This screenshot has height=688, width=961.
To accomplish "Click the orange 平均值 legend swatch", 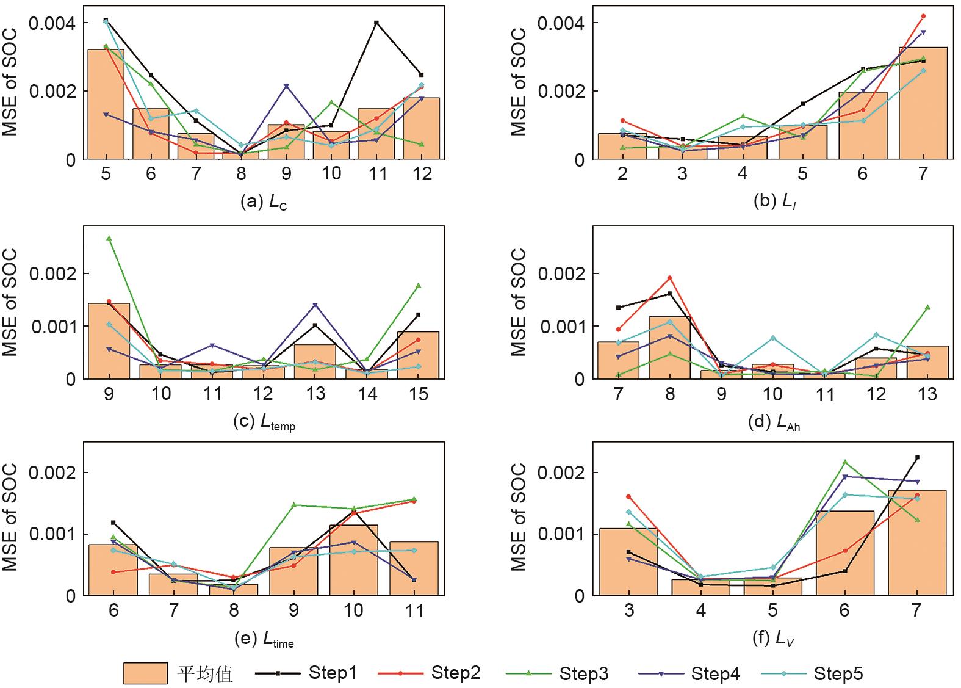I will click(145, 673).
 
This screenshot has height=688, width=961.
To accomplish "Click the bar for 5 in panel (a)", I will click(106, 104).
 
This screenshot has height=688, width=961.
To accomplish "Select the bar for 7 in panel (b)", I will click(923, 103).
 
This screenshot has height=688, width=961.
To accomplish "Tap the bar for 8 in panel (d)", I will click(670, 348).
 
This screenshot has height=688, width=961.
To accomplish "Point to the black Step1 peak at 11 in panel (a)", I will click(376, 23).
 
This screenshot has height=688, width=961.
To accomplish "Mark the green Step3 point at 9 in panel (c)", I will click(109, 238).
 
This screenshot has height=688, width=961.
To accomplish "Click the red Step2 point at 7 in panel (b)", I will click(923, 16).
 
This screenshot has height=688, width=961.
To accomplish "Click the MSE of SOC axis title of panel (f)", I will click(518, 517).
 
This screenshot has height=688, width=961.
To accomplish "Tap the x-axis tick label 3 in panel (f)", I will click(629, 610).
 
